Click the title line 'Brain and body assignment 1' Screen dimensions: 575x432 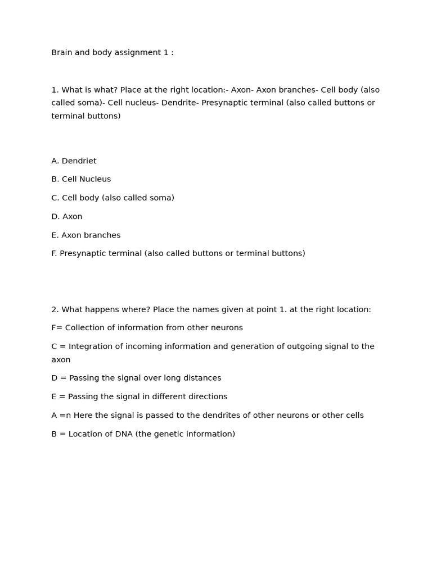click(112, 53)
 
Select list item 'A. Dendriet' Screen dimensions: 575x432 click(74, 161)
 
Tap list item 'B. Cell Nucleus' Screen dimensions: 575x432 click(81, 180)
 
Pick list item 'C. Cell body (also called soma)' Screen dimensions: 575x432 click(112, 198)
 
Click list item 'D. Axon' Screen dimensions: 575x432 click(66, 217)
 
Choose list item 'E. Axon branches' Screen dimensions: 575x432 click(85, 235)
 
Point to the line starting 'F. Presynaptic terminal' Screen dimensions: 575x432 click(178, 254)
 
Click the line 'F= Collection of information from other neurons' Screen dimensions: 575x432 click(147, 328)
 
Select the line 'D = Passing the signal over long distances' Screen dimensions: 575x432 click(136, 378)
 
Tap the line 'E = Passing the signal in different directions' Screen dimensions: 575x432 click(139, 397)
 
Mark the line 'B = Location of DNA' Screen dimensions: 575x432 click(143, 434)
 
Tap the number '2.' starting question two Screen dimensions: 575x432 click(55, 309)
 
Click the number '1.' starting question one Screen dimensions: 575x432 click(55, 90)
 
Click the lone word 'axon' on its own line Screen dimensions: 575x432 click(61, 360)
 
